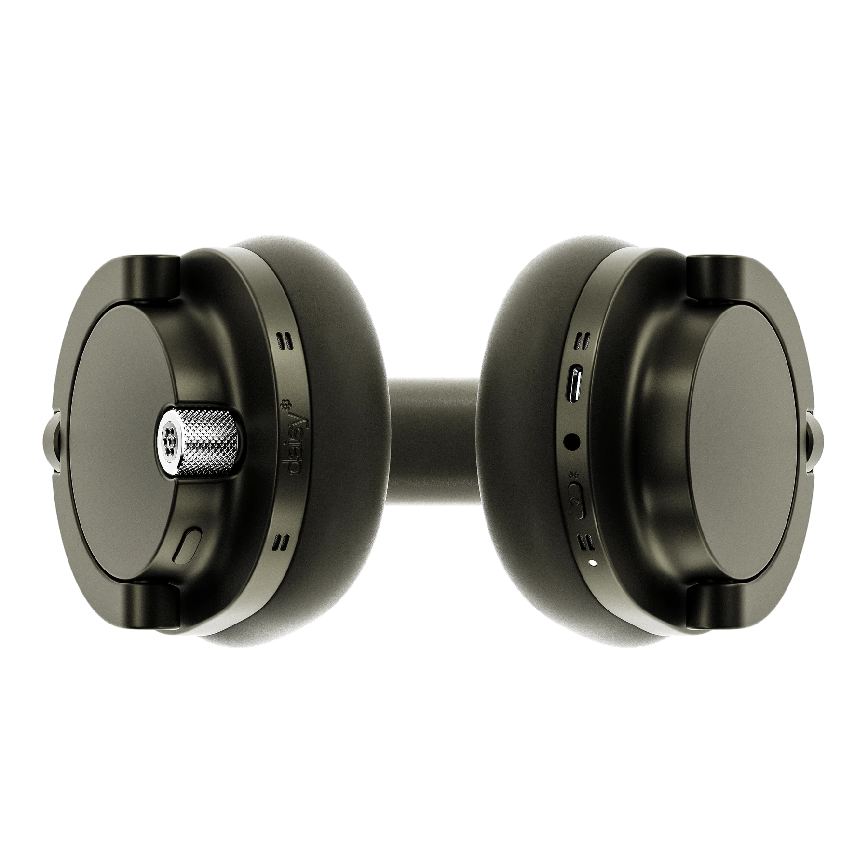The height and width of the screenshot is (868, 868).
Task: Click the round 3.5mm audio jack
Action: point(572,440)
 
